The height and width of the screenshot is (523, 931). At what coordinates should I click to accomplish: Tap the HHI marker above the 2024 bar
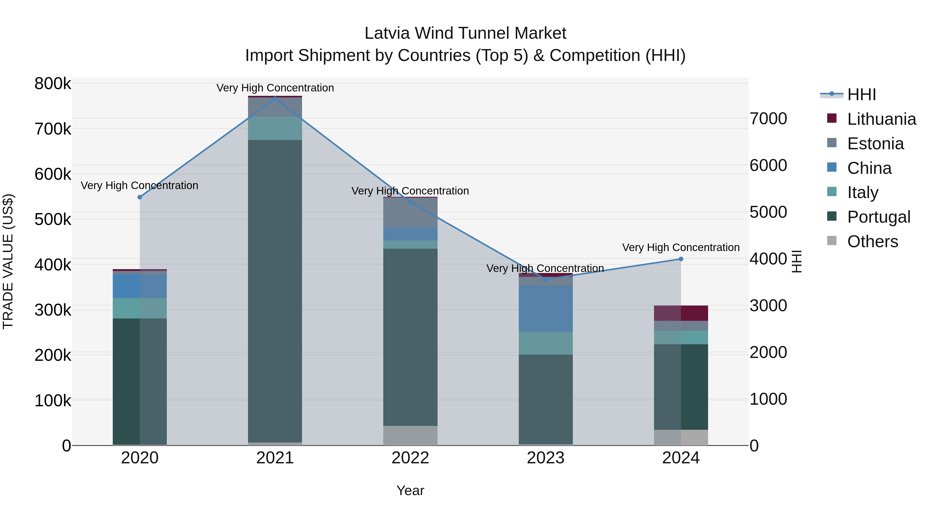click(x=681, y=259)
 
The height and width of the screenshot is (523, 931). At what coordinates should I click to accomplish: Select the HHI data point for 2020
click(x=140, y=197)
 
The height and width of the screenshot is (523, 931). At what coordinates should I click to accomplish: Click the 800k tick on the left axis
click(x=53, y=84)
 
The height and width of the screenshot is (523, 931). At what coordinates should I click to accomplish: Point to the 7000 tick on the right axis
click(x=768, y=119)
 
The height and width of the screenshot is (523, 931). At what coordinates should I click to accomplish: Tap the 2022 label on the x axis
click(x=410, y=458)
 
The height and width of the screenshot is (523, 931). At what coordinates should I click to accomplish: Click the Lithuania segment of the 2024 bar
click(x=681, y=313)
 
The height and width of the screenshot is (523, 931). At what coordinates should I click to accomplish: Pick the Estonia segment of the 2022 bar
click(x=410, y=213)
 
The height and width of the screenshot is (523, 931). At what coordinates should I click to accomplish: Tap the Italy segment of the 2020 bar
click(x=140, y=308)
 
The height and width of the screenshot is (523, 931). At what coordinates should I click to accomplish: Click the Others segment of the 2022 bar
click(x=410, y=435)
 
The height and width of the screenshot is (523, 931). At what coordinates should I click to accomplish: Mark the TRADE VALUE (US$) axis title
click(x=8, y=261)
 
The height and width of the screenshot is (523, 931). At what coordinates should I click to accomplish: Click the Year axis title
click(x=410, y=490)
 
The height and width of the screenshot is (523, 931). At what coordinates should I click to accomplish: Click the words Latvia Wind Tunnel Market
click(x=465, y=33)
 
